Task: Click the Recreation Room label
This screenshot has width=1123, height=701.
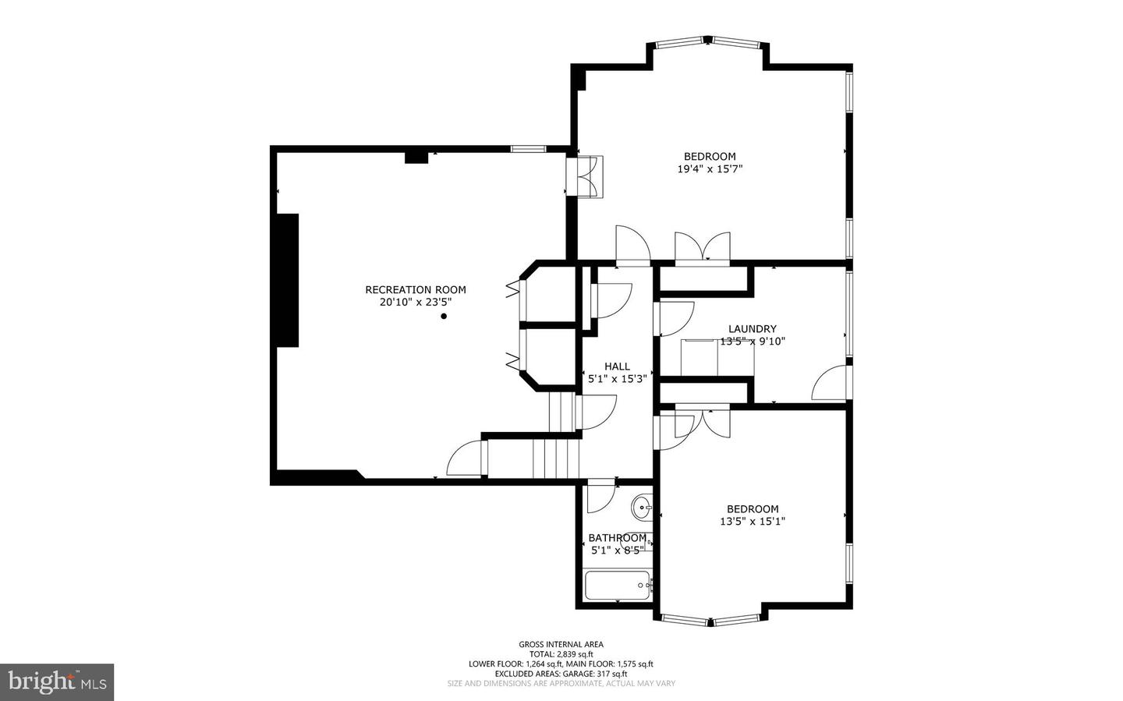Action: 416,290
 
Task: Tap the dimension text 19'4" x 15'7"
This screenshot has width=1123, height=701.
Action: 710,169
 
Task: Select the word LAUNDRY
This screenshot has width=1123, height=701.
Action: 752,329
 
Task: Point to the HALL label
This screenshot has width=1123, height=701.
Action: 617,366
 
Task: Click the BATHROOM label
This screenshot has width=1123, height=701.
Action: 618,538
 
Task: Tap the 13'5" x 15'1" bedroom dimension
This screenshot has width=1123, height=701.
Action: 753,522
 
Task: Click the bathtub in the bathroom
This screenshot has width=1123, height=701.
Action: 618,585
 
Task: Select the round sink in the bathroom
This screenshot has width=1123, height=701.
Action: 641,508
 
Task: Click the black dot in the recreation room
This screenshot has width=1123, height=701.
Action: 444,317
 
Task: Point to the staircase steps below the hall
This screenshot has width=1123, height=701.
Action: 556,458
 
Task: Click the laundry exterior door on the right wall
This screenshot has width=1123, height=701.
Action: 830,384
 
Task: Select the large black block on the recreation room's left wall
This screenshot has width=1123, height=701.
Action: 288,280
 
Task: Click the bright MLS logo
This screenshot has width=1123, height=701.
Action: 57,682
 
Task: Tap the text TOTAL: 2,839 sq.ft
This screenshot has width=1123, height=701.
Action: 561,654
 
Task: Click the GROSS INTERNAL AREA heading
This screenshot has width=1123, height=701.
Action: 561,644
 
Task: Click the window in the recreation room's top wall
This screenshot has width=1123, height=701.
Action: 529,148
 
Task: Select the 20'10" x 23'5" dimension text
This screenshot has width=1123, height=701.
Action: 416,302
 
